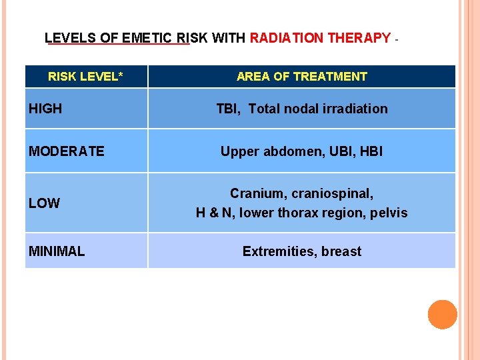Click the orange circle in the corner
(442, 315)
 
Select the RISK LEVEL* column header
(85, 77)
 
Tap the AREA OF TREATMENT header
(301, 77)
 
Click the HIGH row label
(45, 109)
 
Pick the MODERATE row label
(67, 151)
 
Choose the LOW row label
(44, 203)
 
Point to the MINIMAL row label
(57, 251)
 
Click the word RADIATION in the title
(285, 38)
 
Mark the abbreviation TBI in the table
(228, 109)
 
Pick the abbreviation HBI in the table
(371, 151)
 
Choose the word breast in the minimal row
(341, 251)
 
